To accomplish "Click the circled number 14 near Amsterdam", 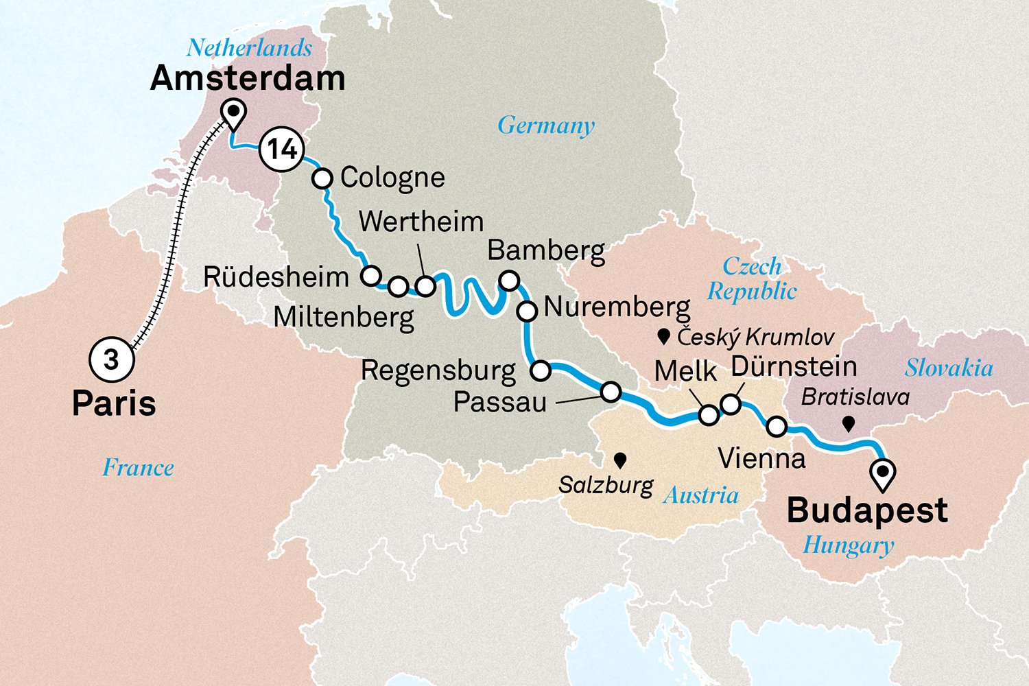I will pos(282,149).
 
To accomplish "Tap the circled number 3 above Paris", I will pos(111,359).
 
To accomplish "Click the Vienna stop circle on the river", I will pos(776,427).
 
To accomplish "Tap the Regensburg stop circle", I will pos(541,371).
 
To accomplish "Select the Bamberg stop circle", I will pos(509,281).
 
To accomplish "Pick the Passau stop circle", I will pos(611,392).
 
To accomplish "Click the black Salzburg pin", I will pos(620,459).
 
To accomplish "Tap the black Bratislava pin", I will pos(849,423).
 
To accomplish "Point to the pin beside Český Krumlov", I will pos(663,336).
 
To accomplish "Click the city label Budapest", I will pos(867,510).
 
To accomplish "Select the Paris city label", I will pos(114,403).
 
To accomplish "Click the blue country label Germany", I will pos(546,126).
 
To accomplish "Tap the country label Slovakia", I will pos(949,368).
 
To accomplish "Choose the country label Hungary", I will pos(849,545).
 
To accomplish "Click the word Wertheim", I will pos(421,222).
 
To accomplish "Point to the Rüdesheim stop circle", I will pos(371,276).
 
